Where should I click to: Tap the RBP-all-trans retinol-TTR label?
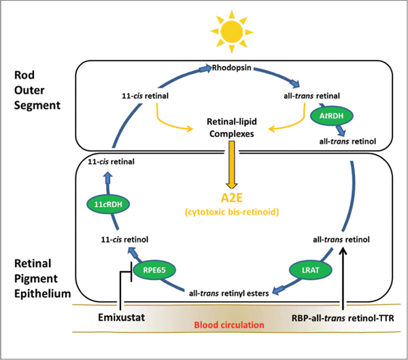(339, 317)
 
